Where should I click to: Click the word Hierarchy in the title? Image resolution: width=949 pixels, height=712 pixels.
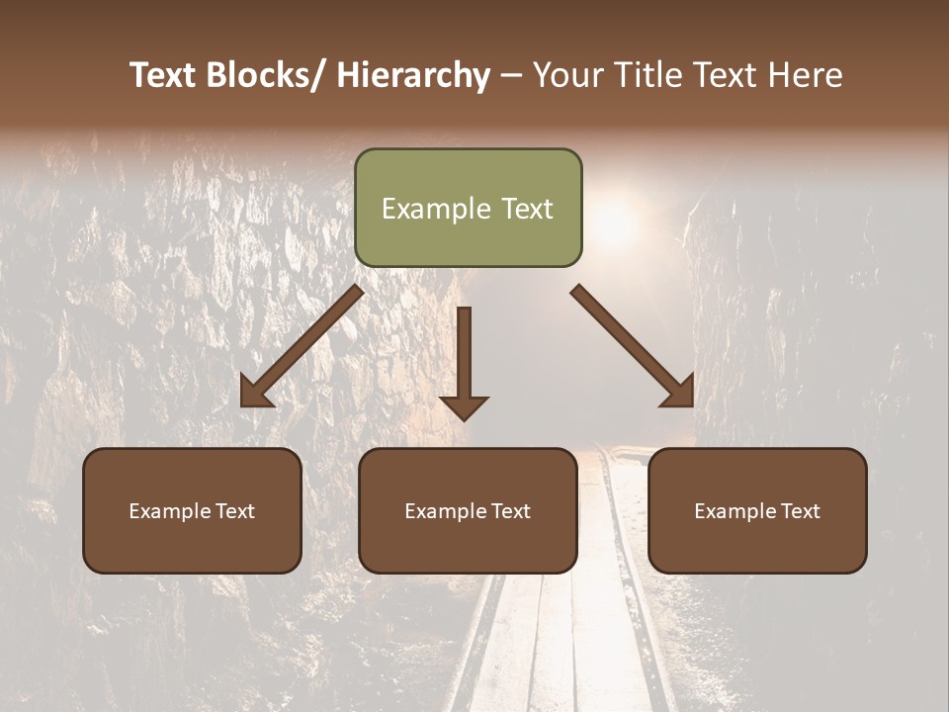412,75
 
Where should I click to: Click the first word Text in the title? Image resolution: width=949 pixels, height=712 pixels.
162,75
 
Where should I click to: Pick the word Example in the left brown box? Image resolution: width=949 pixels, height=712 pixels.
169,511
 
